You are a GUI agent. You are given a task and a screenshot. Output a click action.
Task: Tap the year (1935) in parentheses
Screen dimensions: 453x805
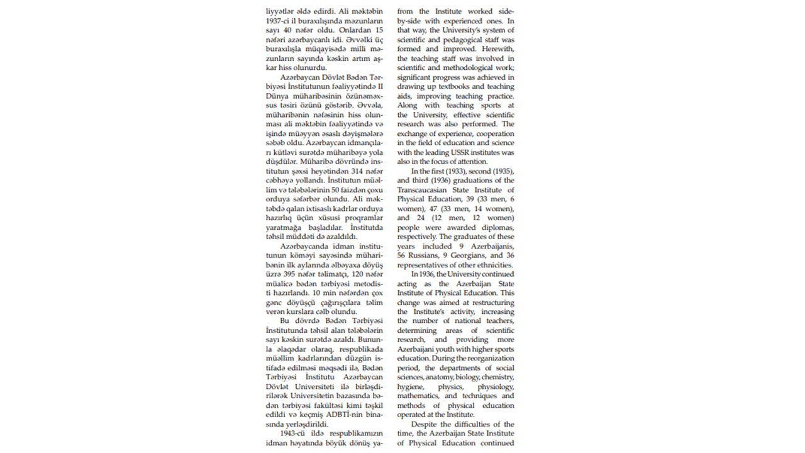coord(499,171)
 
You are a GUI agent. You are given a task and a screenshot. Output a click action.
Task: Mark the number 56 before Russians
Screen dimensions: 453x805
coord(403,255)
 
